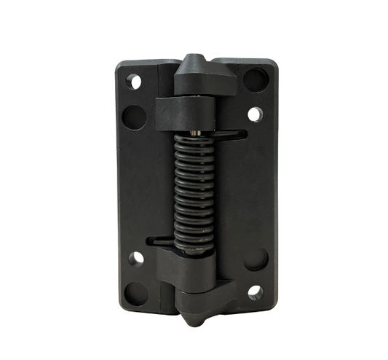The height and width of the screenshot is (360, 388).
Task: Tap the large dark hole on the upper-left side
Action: [x=132, y=114]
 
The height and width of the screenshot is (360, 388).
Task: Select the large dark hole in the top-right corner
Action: [x=254, y=79]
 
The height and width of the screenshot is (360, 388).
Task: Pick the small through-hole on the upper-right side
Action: [x=254, y=114]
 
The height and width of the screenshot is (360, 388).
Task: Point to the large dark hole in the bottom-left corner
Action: [x=134, y=294]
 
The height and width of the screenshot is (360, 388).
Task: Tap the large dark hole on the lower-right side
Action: [x=255, y=259]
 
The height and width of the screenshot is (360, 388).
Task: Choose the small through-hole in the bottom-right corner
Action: [x=255, y=293]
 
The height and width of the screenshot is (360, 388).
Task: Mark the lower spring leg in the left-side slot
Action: [x=162, y=239]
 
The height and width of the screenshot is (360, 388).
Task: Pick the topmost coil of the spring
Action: [x=194, y=141]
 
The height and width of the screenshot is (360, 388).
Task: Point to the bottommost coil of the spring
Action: [x=194, y=244]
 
